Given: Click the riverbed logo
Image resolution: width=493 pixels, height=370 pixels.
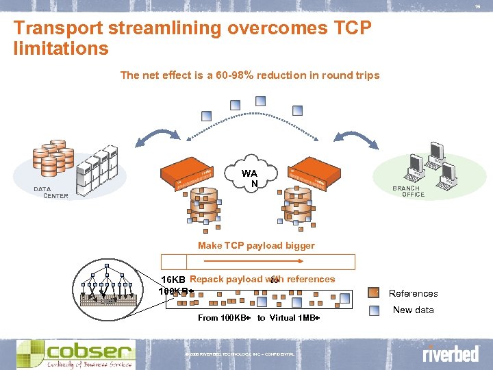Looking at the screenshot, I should click(450, 354).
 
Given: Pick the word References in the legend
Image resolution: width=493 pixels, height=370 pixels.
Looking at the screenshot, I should click(413, 294).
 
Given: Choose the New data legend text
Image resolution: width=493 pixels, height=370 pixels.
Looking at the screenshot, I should click(413, 310).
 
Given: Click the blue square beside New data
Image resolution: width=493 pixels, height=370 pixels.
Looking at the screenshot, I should click(374, 310).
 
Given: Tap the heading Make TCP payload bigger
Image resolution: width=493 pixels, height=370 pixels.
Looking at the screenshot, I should click(256, 245).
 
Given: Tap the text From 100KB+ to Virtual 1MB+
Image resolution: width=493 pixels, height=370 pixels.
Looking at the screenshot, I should click(259, 318).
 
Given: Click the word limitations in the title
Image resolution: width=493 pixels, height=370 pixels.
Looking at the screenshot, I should click(61, 49).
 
